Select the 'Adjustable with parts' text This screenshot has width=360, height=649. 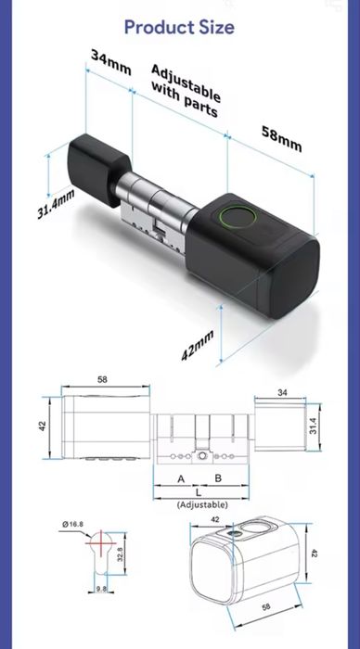(x=185, y=91)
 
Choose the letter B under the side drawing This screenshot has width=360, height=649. (x=218, y=478)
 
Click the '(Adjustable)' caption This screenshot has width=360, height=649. (x=201, y=504)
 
